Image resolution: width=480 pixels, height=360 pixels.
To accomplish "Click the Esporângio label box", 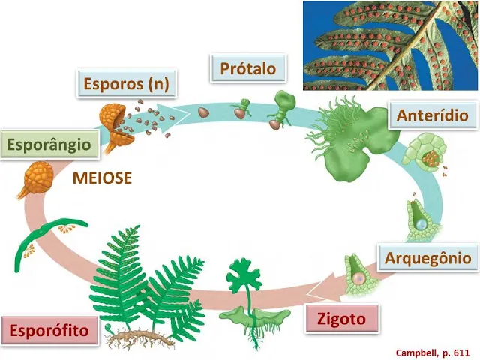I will pos(49,145).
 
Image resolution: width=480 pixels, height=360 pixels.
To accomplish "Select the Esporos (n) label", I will pos(126,83).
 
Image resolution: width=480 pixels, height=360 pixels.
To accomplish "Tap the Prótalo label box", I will pos(248,69).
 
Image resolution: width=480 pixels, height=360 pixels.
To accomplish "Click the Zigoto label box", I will pos(341,319).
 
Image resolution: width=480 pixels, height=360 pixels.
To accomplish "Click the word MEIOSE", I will pos(103,178).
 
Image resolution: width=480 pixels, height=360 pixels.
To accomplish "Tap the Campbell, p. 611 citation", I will pos(434,351).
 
